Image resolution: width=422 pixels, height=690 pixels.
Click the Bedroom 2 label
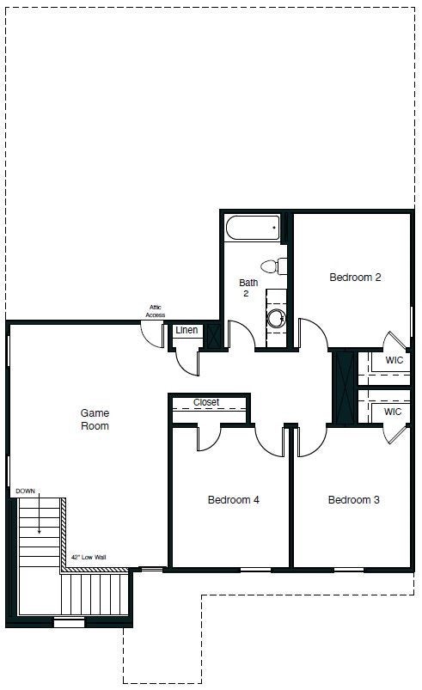point(355,278)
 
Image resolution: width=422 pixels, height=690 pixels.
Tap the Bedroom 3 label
point(354,500)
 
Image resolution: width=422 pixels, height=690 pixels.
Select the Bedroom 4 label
point(234,500)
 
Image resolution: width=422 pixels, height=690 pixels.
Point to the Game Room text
point(95,419)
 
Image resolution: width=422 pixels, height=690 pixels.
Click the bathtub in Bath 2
point(253,229)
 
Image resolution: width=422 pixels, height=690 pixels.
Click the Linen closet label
point(187,331)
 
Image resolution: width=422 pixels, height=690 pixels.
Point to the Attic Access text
point(155,311)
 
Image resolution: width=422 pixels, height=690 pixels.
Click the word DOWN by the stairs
point(26,491)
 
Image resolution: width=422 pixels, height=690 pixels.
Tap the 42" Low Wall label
point(89,558)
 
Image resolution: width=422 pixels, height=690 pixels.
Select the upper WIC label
point(394,361)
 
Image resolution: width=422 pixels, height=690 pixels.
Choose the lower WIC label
point(393,412)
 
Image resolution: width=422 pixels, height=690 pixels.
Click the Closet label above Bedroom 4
point(206,402)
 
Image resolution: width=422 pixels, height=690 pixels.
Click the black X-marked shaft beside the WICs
point(344,386)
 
